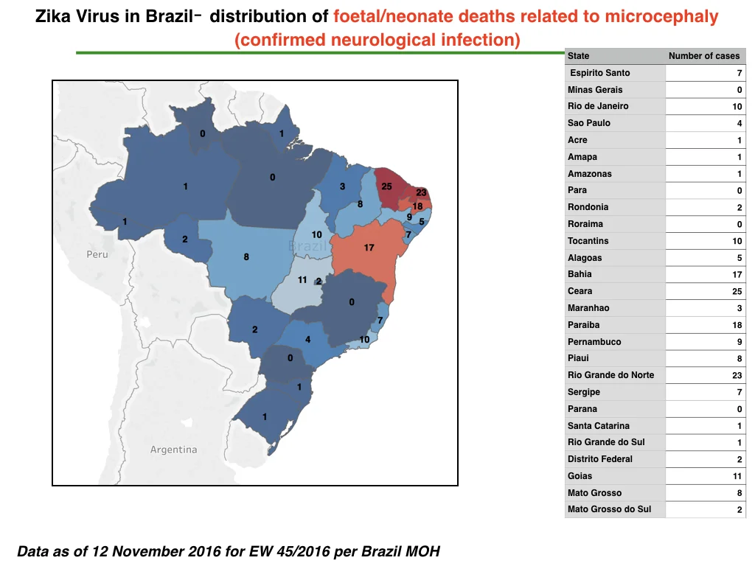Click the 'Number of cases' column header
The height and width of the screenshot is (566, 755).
tap(703, 56)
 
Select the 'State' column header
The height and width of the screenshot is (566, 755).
tap(578, 56)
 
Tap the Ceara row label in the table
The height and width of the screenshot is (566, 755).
tap(580, 291)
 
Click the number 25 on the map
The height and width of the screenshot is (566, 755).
tap(386, 186)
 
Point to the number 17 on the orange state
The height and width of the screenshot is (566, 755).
tap(369, 248)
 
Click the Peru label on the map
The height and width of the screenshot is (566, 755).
tap(97, 254)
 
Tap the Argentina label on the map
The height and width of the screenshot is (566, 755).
tap(173, 450)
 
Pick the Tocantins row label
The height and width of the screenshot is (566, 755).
tap(588, 241)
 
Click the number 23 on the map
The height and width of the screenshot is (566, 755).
tap(421, 192)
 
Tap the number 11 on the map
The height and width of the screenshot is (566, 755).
tap(302, 279)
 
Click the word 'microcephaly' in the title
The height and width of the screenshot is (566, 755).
tap(661, 16)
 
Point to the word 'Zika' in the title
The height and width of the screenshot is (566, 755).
tap(53, 16)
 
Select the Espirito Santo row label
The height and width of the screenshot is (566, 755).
tap(600, 73)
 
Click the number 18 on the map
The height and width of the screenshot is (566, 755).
tap(417, 206)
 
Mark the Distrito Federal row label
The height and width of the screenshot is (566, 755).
tap(600, 459)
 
